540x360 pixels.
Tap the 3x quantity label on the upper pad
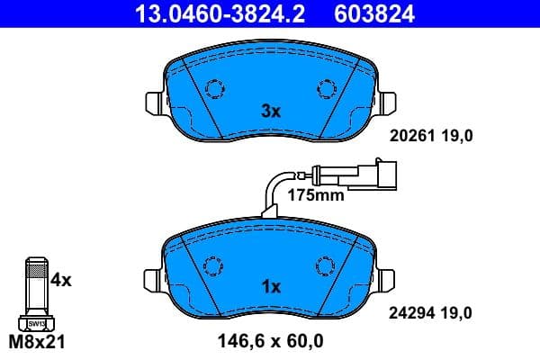point(271,112)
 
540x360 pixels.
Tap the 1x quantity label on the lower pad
point(271,287)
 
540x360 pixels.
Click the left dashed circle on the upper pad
point(214,89)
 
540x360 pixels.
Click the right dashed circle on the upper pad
point(326,89)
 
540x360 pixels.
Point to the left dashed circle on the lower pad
point(214,266)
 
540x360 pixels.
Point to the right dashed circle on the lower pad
point(326,266)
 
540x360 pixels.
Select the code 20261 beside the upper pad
point(410,136)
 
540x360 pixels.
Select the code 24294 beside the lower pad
point(410,312)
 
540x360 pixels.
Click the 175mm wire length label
point(315,194)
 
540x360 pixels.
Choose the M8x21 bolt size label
point(37,342)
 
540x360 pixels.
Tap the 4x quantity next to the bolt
point(60,280)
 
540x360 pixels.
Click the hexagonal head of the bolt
point(36,323)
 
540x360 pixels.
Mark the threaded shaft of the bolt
point(36,286)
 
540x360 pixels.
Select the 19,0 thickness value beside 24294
point(454,312)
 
